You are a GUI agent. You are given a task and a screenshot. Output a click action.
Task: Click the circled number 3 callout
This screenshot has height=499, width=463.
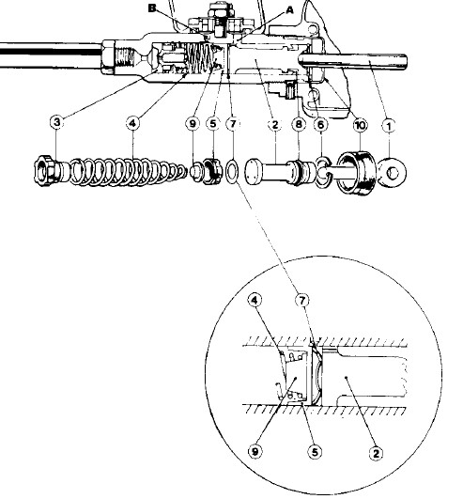tap(57, 122)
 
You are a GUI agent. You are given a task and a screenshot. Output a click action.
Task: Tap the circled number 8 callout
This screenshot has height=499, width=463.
tap(299, 124)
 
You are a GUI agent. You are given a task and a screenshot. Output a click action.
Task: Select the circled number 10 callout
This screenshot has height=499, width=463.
tap(360, 125)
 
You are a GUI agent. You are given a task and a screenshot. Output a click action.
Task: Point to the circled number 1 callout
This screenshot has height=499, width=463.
tap(388, 126)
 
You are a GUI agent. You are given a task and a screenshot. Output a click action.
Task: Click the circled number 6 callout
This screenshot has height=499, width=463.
tap(320, 125)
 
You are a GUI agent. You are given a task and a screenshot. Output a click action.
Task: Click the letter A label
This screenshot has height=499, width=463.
tap(289, 10)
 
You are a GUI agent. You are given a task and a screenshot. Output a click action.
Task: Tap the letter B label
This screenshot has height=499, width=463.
tap(152, 8)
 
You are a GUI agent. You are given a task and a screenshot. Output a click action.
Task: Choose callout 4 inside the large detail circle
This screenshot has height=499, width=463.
tap(255, 300)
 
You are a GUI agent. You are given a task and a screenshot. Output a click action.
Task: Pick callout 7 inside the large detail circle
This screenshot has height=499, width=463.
tap(301, 300)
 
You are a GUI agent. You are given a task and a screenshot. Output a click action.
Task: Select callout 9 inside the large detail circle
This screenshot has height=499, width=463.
tap(255, 451)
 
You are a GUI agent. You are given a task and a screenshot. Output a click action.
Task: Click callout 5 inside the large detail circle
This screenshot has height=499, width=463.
tap(315, 452)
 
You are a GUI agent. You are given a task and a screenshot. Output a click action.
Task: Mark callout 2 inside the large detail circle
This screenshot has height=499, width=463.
tap(376, 453)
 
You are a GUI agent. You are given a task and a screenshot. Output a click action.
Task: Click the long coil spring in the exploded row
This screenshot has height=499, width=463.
tap(127, 171)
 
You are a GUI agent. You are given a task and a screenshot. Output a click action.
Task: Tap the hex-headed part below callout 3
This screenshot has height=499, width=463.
tap(48, 171)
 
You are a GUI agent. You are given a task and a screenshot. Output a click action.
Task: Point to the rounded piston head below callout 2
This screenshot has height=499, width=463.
tap(254, 172)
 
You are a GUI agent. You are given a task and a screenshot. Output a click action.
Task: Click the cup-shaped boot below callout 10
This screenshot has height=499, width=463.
tap(357, 173)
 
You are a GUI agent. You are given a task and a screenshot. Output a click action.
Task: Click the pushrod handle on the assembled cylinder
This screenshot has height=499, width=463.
tap(353, 61)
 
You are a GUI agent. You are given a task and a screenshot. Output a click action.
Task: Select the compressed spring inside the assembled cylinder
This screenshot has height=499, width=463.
tap(201, 56)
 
